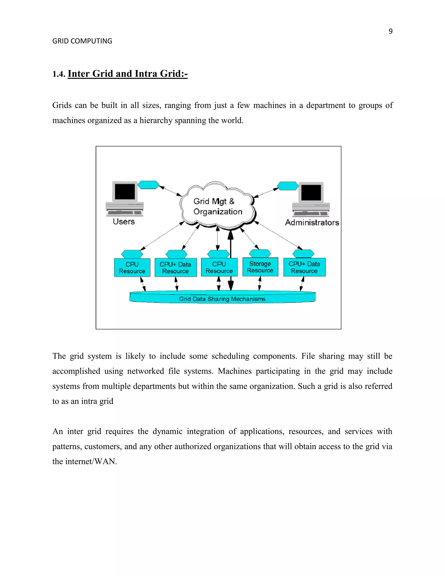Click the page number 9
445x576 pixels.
point(390,31)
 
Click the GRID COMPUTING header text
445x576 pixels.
point(82,41)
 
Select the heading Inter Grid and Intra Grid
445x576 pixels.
point(128,74)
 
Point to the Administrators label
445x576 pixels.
point(312,223)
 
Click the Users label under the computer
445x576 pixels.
point(124,221)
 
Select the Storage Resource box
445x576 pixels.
point(260,267)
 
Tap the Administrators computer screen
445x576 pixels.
point(311,193)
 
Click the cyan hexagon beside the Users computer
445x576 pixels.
point(148,185)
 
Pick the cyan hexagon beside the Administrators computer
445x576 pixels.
point(288,186)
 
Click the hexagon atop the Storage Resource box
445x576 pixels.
point(260,253)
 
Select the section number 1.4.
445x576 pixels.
point(58,74)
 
